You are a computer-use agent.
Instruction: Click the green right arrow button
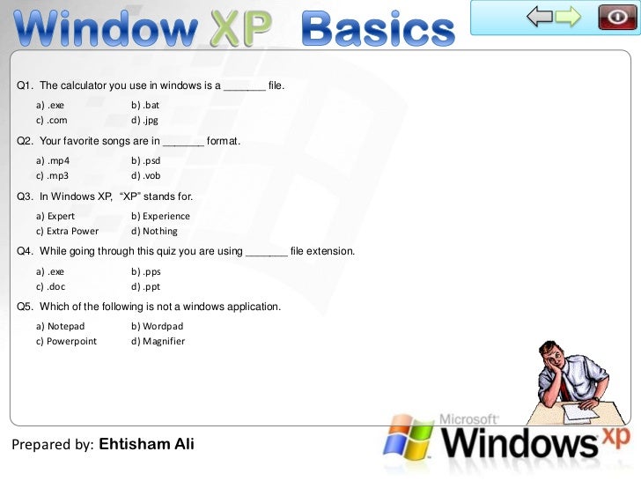568,16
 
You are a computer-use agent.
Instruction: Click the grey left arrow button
540,16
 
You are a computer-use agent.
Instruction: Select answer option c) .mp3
53,175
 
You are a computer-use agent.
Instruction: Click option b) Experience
160,216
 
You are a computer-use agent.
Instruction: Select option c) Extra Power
68,231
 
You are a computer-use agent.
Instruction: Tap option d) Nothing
154,231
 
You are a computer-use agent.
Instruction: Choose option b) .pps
146,271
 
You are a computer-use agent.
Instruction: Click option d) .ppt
145,286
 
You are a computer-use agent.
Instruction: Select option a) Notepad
61,326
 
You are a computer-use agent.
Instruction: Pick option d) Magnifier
158,341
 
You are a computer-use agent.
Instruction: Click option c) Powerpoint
67,341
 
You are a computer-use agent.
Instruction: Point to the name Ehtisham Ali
146,444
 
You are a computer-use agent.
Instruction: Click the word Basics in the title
379,30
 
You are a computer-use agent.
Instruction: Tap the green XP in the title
240,30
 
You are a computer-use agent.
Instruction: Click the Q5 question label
26,307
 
